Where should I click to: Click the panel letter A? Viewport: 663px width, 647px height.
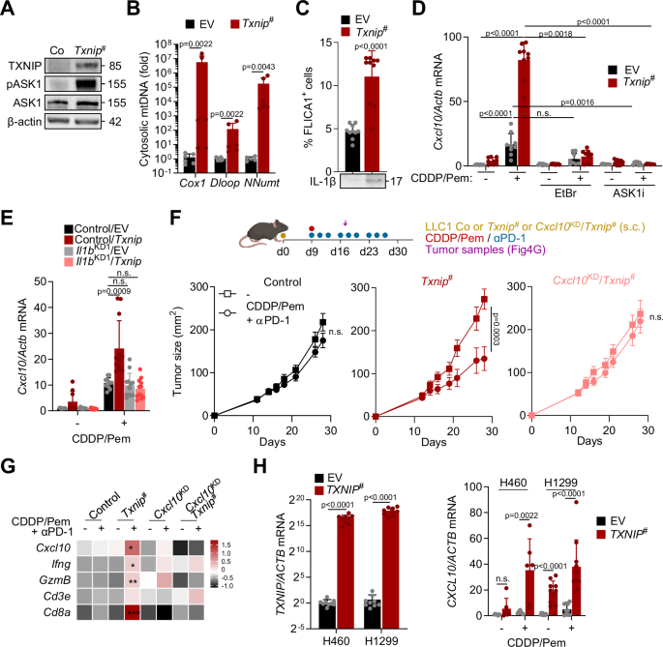[9, 9]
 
